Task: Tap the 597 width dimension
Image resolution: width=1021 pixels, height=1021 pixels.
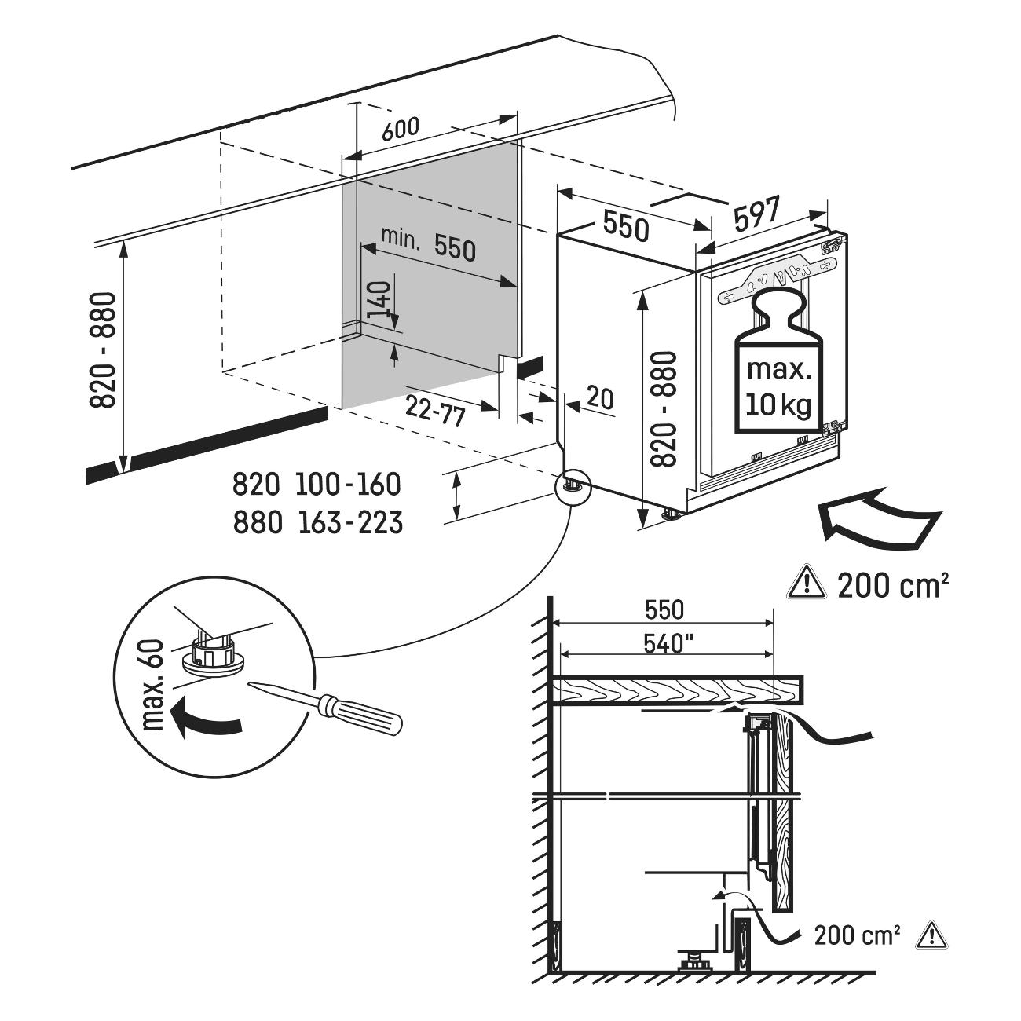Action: tap(758, 214)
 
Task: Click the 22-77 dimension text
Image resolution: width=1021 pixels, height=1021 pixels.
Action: tap(436, 410)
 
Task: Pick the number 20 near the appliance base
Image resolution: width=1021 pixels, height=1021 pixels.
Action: tap(599, 399)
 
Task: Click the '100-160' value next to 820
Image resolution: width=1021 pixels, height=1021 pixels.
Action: tap(349, 485)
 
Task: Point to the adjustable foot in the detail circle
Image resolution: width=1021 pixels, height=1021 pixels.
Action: tap(211, 654)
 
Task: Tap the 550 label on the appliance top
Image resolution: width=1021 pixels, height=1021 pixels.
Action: tap(626, 226)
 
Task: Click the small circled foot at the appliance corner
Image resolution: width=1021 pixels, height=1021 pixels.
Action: tap(573, 486)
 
